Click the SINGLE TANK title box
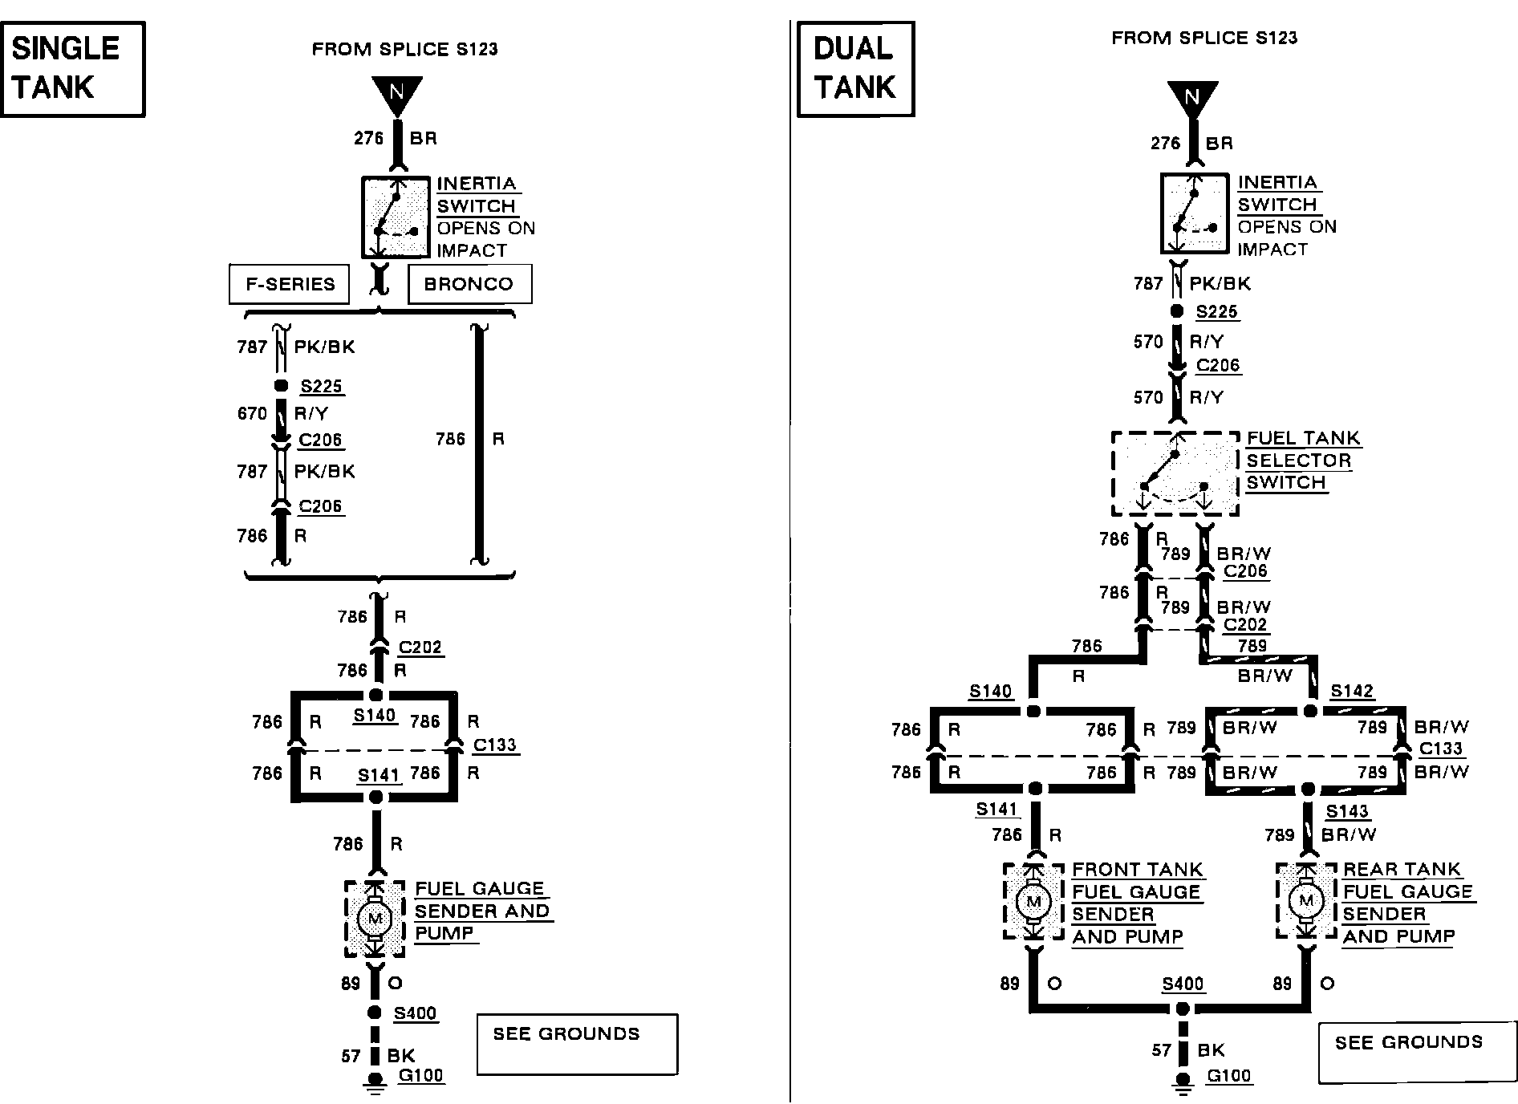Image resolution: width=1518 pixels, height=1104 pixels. tap(72, 69)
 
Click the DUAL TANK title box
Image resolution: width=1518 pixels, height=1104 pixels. tap(855, 69)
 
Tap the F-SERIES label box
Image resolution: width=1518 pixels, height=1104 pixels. tap(290, 284)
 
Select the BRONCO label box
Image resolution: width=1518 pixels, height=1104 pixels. tap(469, 284)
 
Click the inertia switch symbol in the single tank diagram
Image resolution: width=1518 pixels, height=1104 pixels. tap(396, 217)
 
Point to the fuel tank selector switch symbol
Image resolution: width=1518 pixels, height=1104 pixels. tap(1175, 474)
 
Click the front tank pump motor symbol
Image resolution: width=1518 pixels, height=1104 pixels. tap(1033, 901)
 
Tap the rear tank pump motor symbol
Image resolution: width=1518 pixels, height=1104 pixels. tap(1306, 901)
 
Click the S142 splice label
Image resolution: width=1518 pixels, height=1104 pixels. tap(1352, 692)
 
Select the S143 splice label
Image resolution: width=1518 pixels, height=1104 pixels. tap(1347, 811)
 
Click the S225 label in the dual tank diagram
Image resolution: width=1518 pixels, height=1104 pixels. tap(1217, 312)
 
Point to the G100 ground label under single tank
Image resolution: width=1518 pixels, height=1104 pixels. tap(421, 1075)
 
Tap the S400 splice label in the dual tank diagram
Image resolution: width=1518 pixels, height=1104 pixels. tap(1183, 984)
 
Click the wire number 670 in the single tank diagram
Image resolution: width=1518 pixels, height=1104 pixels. tap(252, 413)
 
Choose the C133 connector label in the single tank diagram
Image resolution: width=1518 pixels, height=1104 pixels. tap(495, 745)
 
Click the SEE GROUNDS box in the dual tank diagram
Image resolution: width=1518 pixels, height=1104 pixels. tap(1418, 1053)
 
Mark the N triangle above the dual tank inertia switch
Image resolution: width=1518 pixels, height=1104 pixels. tap(1192, 99)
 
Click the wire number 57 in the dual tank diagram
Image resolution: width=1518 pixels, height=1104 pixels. tap(1162, 1050)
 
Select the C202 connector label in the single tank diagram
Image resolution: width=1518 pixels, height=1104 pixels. tap(420, 647)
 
